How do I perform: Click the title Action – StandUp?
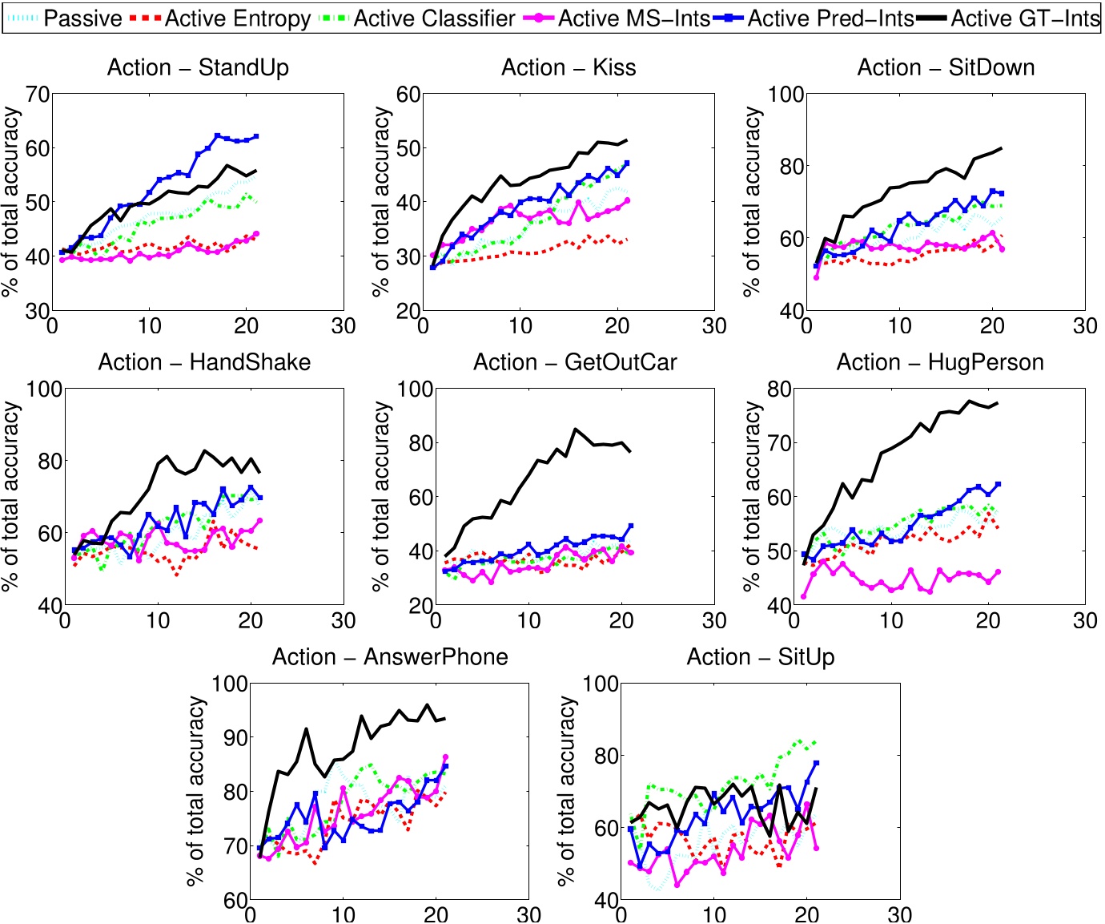click(198, 67)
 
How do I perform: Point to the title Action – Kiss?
click(569, 67)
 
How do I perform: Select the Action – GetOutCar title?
click(575, 362)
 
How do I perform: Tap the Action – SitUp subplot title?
click(761, 657)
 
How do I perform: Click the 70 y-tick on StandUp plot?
click(38, 95)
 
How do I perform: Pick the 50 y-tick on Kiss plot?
click(408, 148)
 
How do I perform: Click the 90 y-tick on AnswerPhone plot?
click(231, 737)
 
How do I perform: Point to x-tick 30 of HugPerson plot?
click(1085, 620)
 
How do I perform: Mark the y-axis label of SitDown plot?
click(752, 202)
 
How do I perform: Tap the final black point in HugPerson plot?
click(998, 402)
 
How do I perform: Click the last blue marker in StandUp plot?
click(256, 136)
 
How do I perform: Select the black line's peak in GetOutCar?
click(574, 429)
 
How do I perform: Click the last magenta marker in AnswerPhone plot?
click(446, 757)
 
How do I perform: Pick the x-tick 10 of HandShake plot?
click(158, 620)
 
